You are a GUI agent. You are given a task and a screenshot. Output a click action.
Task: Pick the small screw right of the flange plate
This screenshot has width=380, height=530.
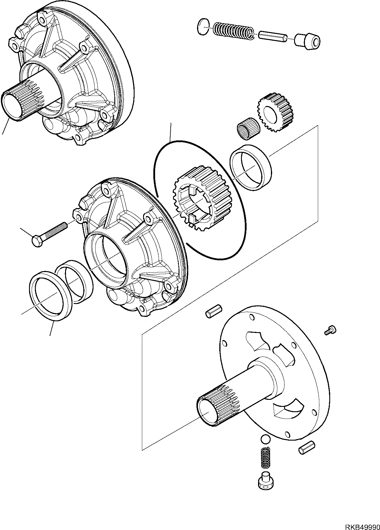coord(331,330)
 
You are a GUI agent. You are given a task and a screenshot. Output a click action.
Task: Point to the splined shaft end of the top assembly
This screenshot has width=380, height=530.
coord(18,103)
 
